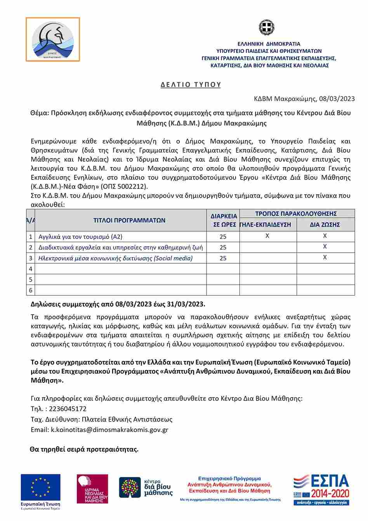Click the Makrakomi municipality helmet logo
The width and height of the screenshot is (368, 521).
53,40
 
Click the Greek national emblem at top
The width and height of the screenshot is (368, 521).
266,28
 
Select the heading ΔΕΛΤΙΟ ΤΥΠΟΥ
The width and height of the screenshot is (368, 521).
191,85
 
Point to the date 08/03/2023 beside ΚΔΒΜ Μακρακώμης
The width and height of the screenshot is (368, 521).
337,99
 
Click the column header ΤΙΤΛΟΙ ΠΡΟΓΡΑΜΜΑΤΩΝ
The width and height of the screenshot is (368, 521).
129,220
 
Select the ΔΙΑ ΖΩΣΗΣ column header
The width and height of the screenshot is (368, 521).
325,225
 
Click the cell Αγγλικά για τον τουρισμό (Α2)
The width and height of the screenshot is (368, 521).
80,237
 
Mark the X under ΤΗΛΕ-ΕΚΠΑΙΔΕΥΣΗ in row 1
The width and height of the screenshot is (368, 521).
267,236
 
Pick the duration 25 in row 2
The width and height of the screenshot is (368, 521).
223,247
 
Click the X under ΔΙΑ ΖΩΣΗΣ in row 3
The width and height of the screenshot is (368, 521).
325,257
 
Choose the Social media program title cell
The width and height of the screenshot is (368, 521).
115,258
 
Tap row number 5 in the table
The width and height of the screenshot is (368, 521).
31,280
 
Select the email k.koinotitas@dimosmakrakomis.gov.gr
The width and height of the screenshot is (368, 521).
109,430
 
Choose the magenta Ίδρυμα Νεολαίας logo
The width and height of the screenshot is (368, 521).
92,489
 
